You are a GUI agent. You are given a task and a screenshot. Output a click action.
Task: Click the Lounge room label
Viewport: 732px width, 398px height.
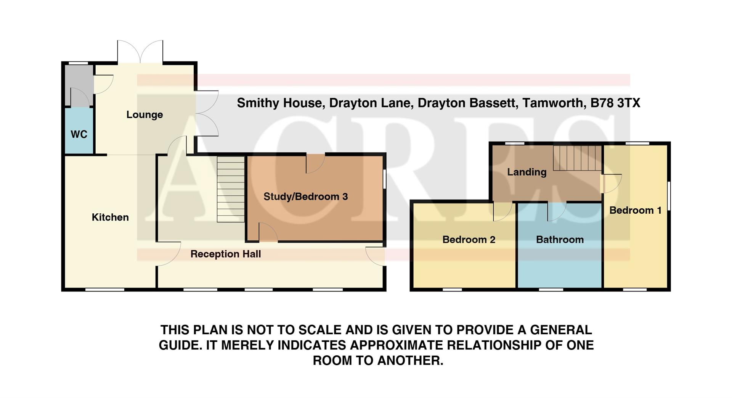[x=144, y=114]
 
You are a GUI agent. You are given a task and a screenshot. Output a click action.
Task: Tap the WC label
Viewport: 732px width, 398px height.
[x=79, y=134]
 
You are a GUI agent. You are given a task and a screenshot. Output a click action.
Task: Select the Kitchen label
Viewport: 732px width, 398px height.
[x=110, y=217]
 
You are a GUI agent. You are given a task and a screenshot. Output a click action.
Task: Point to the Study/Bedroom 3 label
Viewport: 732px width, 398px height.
[x=305, y=197]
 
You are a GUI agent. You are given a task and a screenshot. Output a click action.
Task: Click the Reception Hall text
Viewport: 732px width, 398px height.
[x=226, y=254]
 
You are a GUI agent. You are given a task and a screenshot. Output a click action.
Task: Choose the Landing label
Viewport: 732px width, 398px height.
[x=527, y=172]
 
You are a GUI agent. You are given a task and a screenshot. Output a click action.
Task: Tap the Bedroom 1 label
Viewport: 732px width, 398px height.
[x=635, y=210]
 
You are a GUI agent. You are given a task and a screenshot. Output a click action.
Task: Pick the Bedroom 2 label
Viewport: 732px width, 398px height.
[x=469, y=240]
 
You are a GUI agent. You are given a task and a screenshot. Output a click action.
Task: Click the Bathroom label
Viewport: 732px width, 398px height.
[x=560, y=240]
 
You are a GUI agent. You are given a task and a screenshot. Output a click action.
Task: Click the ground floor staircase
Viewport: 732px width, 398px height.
[x=231, y=189]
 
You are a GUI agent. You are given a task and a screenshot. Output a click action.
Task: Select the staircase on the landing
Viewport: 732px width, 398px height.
[x=577, y=158]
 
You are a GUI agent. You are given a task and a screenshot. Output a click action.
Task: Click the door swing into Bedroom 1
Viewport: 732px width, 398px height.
[x=611, y=183]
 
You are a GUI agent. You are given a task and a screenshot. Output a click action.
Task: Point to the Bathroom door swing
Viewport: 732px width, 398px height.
[x=556, y=211]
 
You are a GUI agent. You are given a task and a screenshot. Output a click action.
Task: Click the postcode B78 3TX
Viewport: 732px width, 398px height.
[x=615, y=103]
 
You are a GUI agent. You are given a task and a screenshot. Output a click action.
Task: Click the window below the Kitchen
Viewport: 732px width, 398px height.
[x=104, y=290]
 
